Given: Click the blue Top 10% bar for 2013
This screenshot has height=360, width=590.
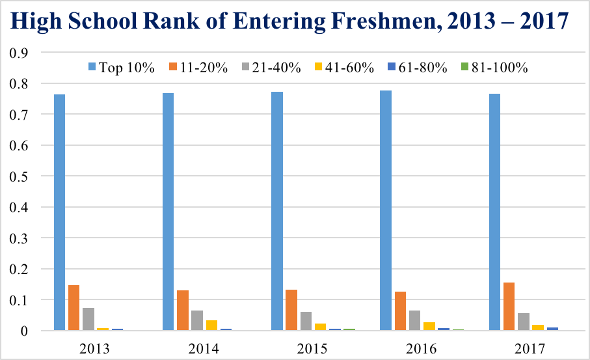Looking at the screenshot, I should pos(59,212).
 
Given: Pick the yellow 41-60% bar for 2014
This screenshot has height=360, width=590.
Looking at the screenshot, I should pos(211,325).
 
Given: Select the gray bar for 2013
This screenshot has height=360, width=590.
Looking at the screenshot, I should pos(88,319).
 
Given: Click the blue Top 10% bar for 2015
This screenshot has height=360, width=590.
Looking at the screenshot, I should pos(277,211).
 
